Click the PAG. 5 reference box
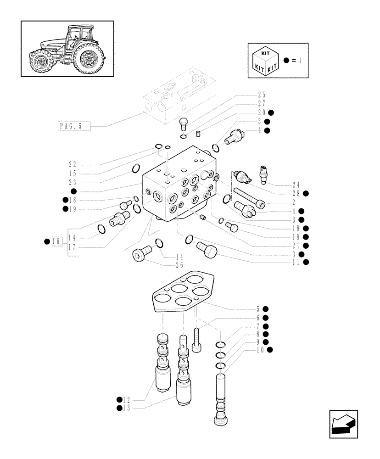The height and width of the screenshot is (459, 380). coord(74,126)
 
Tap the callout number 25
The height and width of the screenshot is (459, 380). coord(261,95)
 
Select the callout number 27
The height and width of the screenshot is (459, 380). coord(261,104)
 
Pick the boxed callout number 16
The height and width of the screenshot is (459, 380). coord(56,241)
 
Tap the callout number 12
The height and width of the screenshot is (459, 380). coord(128,399)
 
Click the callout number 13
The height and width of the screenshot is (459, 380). coord(128,408)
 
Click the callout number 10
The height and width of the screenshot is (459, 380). coord(261,350)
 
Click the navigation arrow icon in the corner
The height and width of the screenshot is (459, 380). coord(343,424)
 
